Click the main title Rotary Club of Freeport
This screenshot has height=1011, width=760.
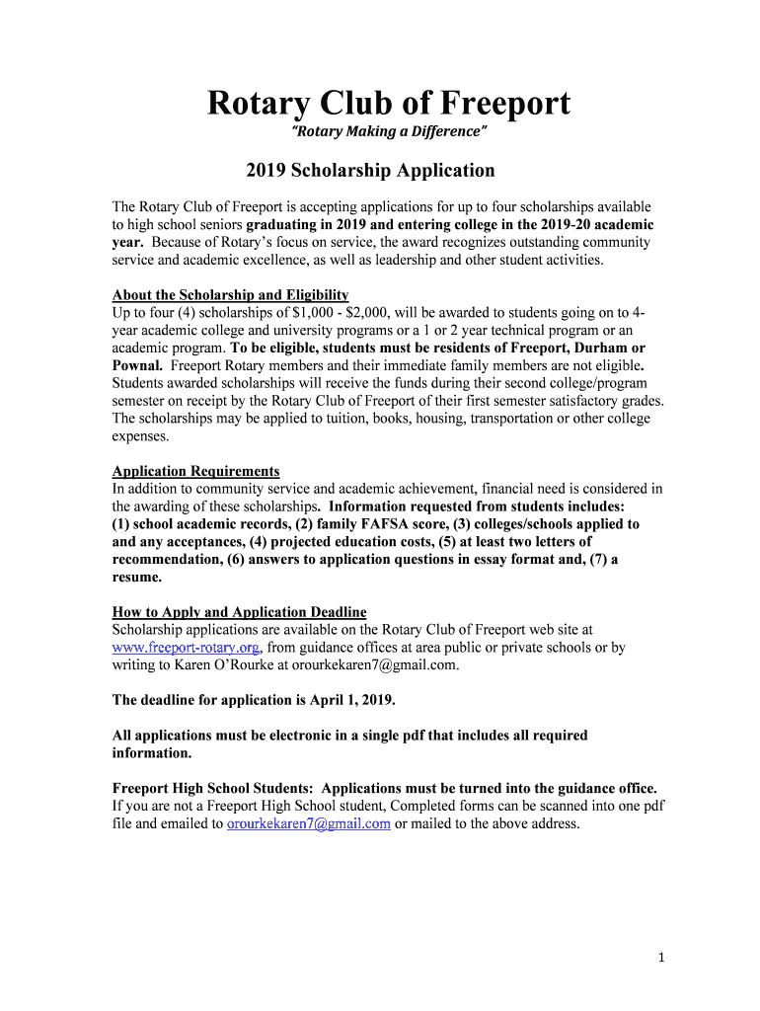coord(388,104)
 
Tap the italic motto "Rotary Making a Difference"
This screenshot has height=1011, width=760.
coord(388,132)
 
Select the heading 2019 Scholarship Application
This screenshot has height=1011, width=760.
coord(370,170)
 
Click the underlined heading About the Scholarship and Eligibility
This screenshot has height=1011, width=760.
coord(230,295)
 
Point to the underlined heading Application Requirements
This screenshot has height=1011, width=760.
coord(195,471)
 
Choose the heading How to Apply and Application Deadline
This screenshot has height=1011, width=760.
coord(239,612)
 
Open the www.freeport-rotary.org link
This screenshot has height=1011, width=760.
coord(186,648)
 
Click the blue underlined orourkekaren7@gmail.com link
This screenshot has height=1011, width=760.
coord(309,823)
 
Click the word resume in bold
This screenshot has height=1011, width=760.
coord(136,577)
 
